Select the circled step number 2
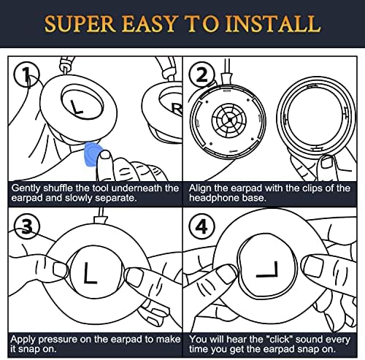pos(202,74)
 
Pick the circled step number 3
pos(26,226)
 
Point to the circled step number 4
pos(202,226)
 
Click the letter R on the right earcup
pos(177,110)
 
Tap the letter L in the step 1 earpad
pos(76,107)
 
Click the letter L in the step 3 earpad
pos(90,272)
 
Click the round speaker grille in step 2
pos(229,120)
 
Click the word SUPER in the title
pos(80,24)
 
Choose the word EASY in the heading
pos(149,24)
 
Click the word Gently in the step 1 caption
pos(26,188)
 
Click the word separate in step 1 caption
pos(115,198)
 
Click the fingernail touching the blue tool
pos(105,154)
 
